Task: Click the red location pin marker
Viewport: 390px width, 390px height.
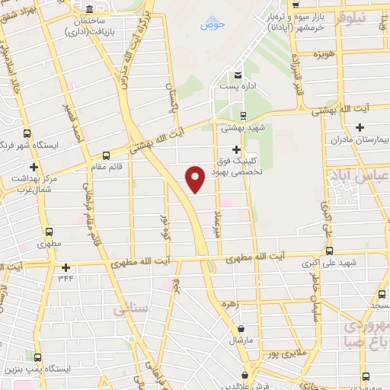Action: coord(196,179)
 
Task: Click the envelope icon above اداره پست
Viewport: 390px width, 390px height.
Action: coord(238,75)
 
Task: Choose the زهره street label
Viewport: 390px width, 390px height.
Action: coord(230,303)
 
